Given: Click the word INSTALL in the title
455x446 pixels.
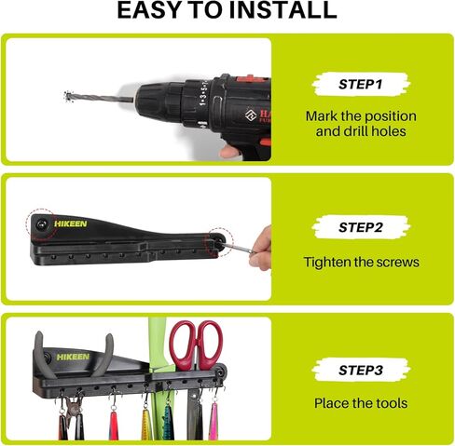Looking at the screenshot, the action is pyautogui.click(x=283, y=10).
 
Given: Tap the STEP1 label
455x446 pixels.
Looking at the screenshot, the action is pyautogui.click(x=360, y=84).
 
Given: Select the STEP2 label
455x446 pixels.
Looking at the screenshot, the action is pyautogui.click(x=361, y=227).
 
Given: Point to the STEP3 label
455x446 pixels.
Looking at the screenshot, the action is pyautogui.click(x=361, y=370).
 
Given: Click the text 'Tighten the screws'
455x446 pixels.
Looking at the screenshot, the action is pyautogui.click(x=361, y=262).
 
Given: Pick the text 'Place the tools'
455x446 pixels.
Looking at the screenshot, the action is pyautogui.click(x=361, y=403).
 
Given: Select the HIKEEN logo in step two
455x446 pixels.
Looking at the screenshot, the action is pyautogui.click(x=71, y=223).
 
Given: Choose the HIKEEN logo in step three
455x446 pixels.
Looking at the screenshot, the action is pyautogui.click(x=73, y=357).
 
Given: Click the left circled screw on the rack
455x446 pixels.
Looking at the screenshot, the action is pyautogui.click(x=41, y=223).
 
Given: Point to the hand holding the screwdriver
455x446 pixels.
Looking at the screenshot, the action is pyautogui.click(x=260, y=249).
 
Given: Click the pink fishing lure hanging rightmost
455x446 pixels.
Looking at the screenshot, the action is pyautogui.click(x=214, y=421).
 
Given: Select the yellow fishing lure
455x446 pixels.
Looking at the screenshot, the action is pyautogui.click(x=145, y=424).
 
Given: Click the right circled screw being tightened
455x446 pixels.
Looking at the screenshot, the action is pyautogui.click(x=219, y=242).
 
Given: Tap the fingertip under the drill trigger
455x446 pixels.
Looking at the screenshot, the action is pyautogui.click(x=229, y=152).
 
